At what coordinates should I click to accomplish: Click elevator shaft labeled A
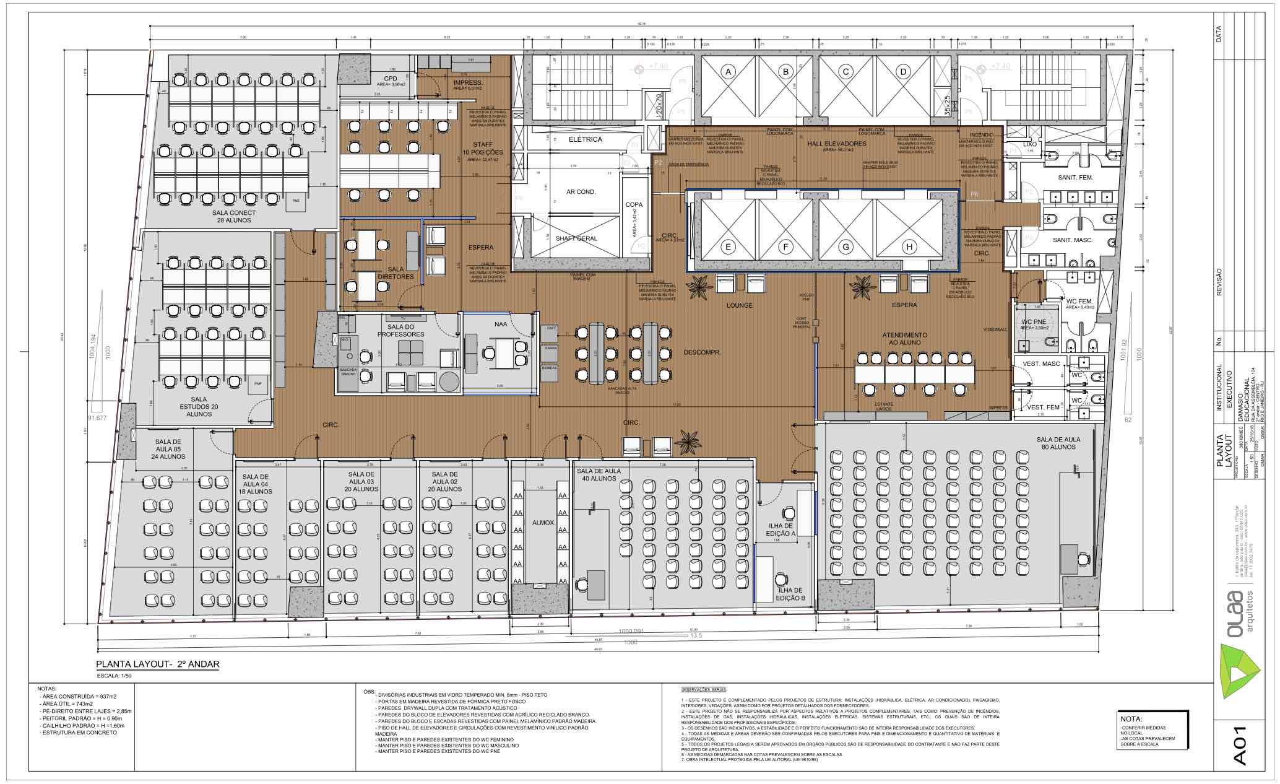pos(729,72)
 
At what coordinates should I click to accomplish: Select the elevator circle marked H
pos(909,247)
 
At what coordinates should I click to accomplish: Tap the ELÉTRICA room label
pos(585,139)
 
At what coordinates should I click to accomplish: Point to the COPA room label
pos(634,204)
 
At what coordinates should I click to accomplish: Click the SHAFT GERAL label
pos(576,238)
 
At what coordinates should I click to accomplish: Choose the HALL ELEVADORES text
pos(836,144)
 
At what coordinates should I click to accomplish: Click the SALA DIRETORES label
pos(395,273)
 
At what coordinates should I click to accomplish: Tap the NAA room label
pos(501,324)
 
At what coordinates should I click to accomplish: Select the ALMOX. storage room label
pos(543,523)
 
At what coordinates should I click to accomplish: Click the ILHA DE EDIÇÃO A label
pos(781,529)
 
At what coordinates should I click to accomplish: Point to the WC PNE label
pos(1032,322)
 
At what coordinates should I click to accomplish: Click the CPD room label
pos(390,78)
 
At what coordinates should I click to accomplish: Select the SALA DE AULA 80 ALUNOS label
pos(1058,443)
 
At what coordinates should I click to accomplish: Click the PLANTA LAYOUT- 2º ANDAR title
pos(157,664)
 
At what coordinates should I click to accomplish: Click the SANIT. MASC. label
pos(1073,240)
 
